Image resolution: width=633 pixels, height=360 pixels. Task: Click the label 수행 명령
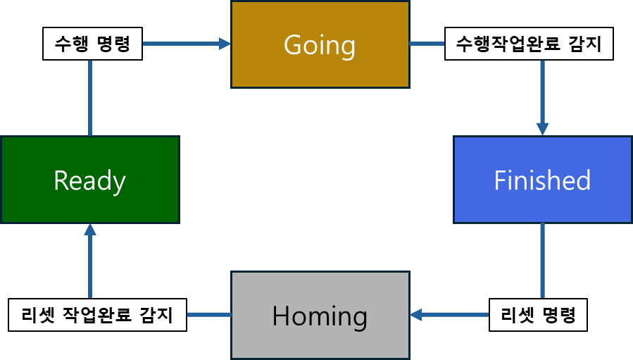(x=92, y=44)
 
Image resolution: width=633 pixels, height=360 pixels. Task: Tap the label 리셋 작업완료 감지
(x=97, y=315)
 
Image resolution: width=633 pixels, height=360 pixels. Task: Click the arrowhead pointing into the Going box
(x=225, y=44)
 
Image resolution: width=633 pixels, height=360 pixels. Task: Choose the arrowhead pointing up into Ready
(x=90, y=230)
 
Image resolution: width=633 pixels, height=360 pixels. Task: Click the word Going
(x=320, y=45)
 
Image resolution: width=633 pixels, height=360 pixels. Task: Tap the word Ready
(x=89, y=181)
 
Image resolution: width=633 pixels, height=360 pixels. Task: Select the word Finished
(x=542, y=181)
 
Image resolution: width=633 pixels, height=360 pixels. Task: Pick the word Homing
(x=320, y=316)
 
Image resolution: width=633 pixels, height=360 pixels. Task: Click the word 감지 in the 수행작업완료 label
(x=590, y=44)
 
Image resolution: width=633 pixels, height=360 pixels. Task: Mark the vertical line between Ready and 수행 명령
(x=90, y=99)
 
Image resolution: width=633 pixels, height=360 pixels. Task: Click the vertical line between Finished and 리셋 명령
(x=542, y=261)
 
